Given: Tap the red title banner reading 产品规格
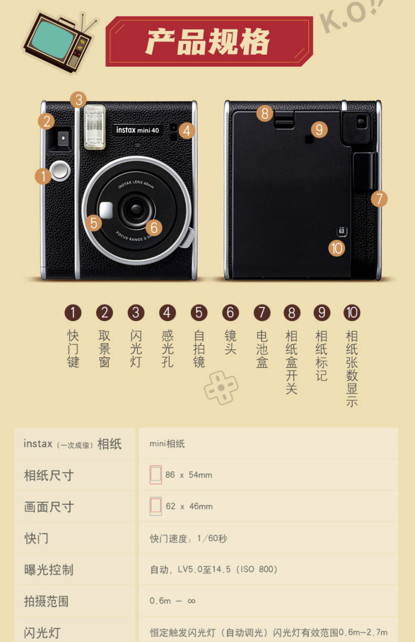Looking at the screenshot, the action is point(209,41).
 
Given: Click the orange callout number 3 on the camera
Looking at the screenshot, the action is point(79,100).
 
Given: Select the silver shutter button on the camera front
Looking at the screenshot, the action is point(60,171).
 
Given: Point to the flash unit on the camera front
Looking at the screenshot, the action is point(95,127).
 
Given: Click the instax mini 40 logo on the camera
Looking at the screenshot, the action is point(138,130).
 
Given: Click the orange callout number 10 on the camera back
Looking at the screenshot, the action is point(337,248).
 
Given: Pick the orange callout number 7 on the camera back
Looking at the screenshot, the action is point(379,199).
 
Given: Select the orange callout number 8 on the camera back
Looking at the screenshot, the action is point(265,113).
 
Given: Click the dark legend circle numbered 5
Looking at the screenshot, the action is point(199,313).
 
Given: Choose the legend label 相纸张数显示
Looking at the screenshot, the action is point(352,369).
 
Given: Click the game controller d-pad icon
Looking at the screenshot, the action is point(221,388).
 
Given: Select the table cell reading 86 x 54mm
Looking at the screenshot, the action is point(189,475).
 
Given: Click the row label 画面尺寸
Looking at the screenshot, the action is point(49,507).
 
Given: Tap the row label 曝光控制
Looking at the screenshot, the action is point(49,570).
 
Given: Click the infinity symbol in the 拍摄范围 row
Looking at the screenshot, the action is point(191,601).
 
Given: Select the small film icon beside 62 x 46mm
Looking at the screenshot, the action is point(155,506).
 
